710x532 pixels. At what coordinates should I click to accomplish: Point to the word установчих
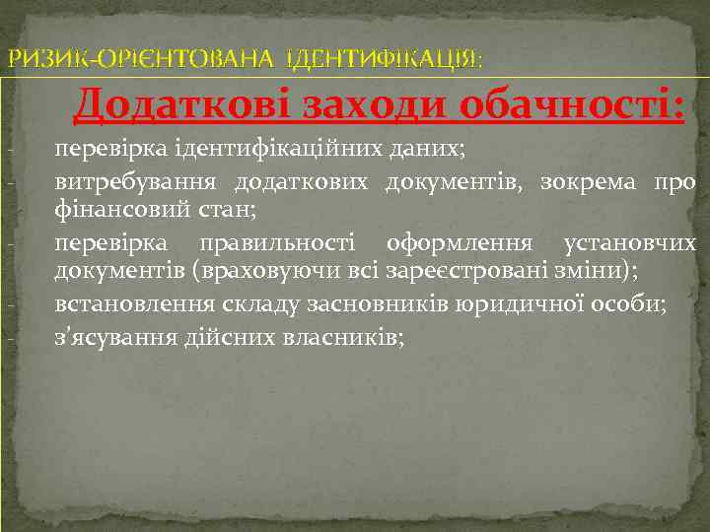pos(629,242)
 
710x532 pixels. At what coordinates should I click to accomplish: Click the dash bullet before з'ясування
pos(8,339)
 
